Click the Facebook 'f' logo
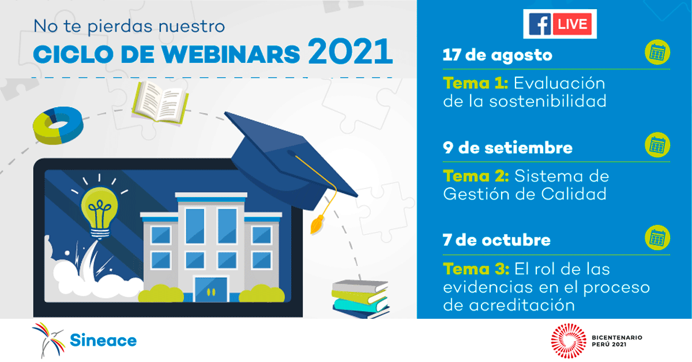540,24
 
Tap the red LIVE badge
572,24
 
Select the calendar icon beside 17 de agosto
657,52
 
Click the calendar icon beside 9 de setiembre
657,145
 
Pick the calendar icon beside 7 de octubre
657,237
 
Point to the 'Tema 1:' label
475,83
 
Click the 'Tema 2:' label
476,176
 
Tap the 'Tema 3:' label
476,269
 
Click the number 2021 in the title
350,51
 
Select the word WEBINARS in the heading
231,54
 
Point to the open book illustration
160,103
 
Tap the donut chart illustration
58,125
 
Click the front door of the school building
211,290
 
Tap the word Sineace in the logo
103,340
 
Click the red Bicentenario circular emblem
569,341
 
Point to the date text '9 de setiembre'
507,148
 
